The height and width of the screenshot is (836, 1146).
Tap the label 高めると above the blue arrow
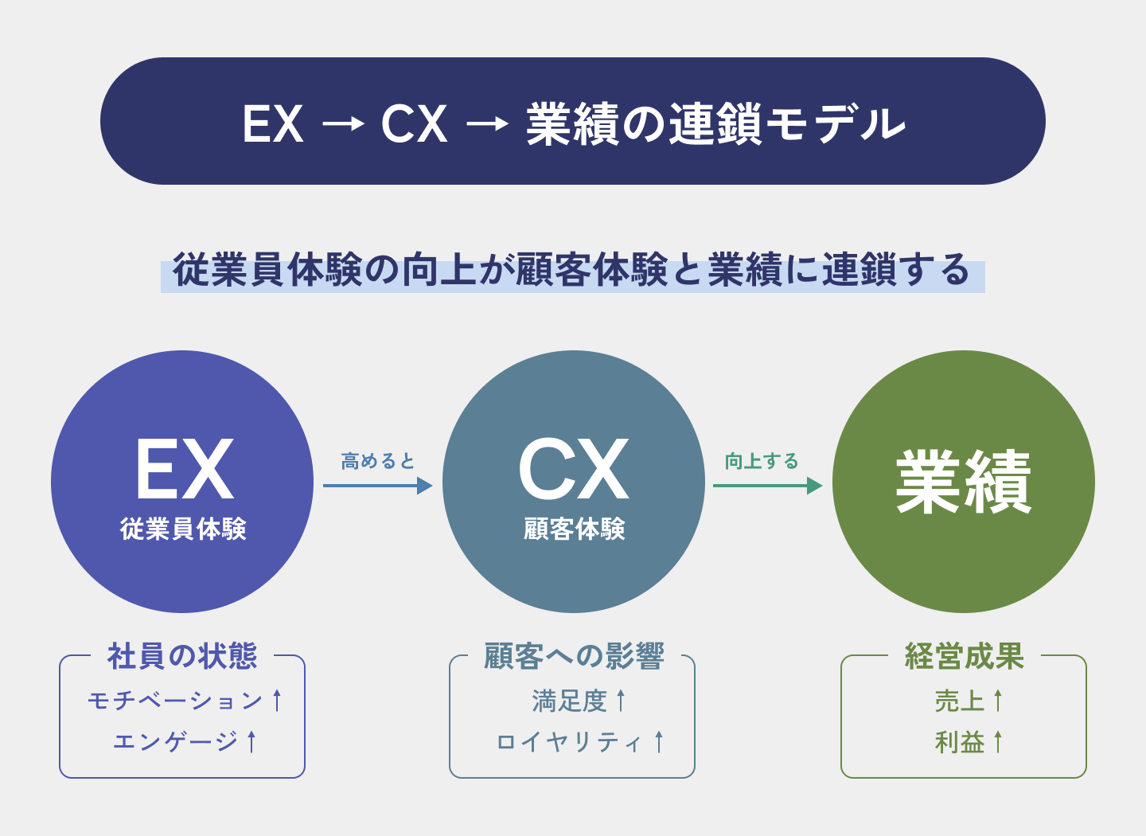(378, 461)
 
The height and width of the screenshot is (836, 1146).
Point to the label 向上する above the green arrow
(762, 461)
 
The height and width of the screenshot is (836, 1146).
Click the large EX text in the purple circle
(184, 470)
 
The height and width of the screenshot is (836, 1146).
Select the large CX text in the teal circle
(573, 470)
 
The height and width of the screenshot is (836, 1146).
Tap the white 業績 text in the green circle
(963, 482)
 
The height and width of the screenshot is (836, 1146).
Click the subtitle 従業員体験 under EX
(183, 529)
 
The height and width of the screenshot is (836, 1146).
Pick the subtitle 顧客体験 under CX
(574, 529)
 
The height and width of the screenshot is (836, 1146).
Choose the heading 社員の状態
(182, 656)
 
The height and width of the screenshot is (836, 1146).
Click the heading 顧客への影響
(573, 656)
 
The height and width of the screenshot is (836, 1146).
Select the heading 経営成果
(964, 656)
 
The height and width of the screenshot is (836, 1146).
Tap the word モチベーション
(175, 701)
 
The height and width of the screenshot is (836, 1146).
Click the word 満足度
(569, 701)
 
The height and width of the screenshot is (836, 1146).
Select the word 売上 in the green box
(959, 701)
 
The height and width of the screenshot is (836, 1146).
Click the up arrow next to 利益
(998, 742)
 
